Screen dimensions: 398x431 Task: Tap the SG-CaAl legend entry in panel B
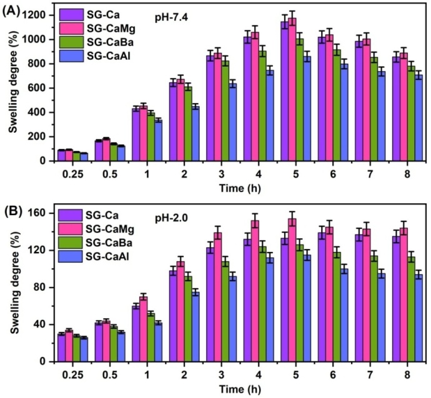pyautogui.click(x=99, y=255)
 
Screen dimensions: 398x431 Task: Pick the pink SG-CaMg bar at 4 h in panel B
pyautogui.click(x=255, y=291)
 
